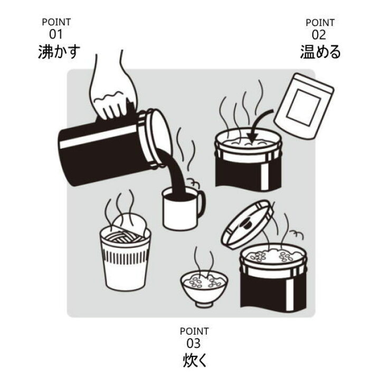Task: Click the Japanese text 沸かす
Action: click(x=59, y=52)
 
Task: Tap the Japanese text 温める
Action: click(x=320, y=52)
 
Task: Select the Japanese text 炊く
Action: click(x=195, y=360)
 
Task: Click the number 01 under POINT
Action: click(x=56, y=34)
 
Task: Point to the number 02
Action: click(x=318, y=35)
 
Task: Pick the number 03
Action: click(x=193, y=343)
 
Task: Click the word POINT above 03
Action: click(x=194, y=331)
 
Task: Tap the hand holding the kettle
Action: click(x=113, y=92)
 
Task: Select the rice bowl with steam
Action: click(x=204, y=288)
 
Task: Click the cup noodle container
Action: click(x=125, y=259)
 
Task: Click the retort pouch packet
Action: click(x=304, y=106)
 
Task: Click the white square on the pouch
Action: click(x=303, y=107)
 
